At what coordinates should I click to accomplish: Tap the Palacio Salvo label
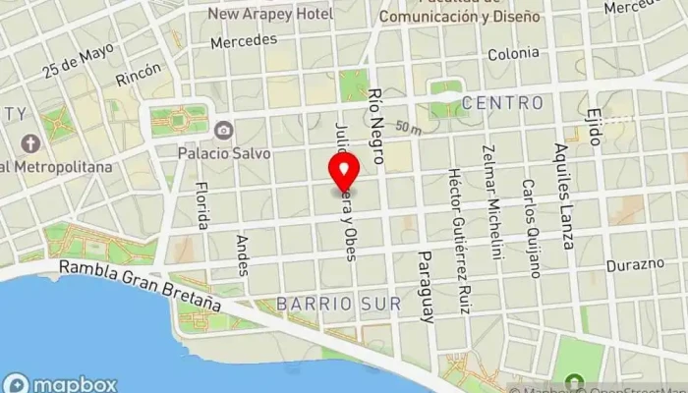pyautogui.click(x=225, y=153)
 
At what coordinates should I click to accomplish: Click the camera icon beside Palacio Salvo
pyautogui.click(x=225, y=130)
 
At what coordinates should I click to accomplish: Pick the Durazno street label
pyautogui.click(x=635, y=264)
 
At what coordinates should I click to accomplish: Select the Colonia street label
pyautogui.click(x=512, y=53)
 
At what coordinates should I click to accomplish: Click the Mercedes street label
pyautogui.click(x=243, y=42)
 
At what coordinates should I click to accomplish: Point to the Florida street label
pyautogui.click(x=202, y=205)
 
